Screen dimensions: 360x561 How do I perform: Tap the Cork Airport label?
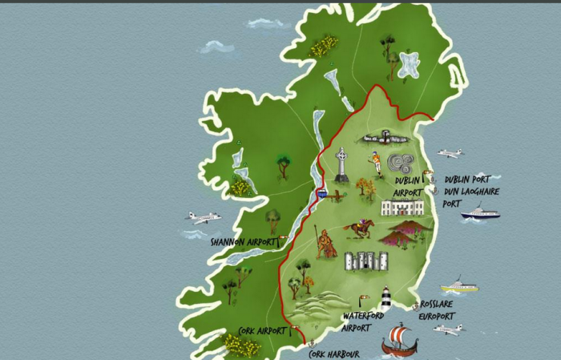pyautogui.click(x=262, y=330)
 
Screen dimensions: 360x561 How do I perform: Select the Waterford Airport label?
pyautogui.click(x=357, y=322)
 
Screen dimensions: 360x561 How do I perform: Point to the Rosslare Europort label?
pyautogui.click(x=436, y=310)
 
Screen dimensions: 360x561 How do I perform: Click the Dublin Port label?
pyautogui.click(x=467, y=180)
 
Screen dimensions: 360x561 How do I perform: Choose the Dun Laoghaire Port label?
pyautogui.click(x=473, y=197)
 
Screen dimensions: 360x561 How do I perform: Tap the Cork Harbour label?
pyautogui.click(x=334, y=354)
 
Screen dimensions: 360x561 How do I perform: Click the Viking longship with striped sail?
pyautogui.click(x=399, y=340)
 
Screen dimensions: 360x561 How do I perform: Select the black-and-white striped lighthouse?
pyautogui.click(x=385, y=298)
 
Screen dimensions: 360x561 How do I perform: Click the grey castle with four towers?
pyautogui.click(x=365, y=261)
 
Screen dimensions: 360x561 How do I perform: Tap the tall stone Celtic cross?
pyautogui.click(x=342, y=165)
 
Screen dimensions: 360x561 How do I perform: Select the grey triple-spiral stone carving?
pyautogui.click(x=402, y=164)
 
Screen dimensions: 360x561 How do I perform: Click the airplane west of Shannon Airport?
pyautogui.click(x=203, y=217)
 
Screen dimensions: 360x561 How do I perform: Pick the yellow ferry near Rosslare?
pyautogui.click(x=458, y=285)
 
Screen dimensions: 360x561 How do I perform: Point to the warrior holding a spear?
pyautogui.click(x=325, y=243)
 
